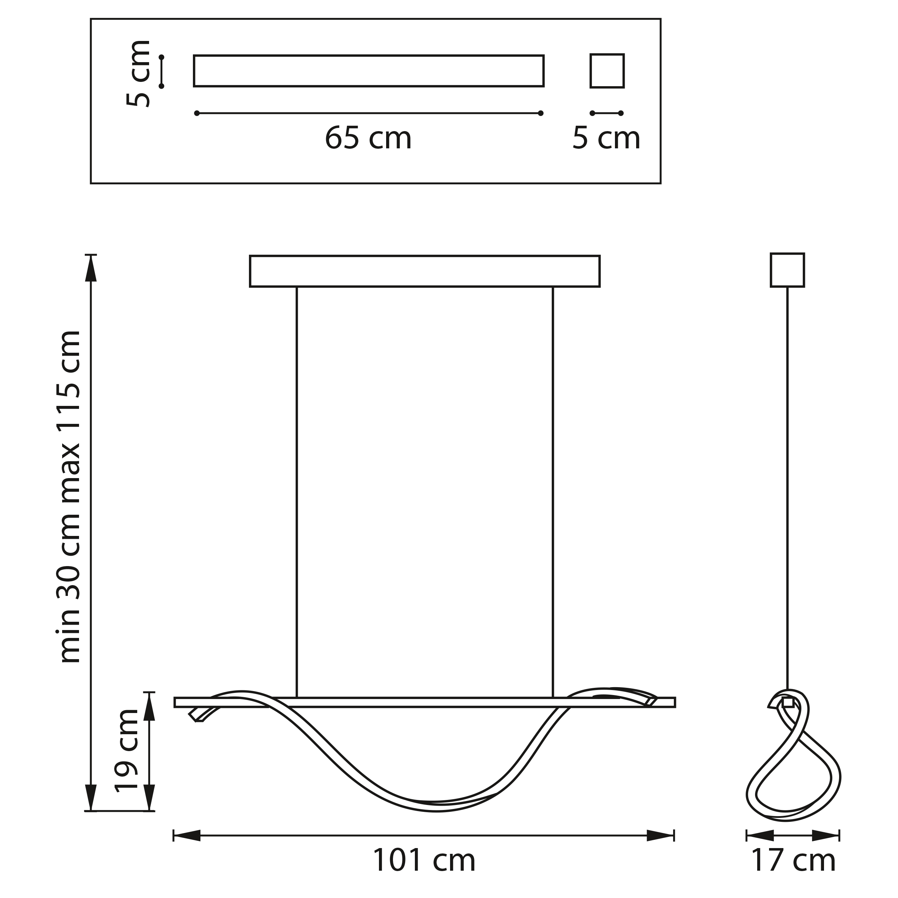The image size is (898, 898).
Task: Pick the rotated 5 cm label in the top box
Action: click(x=139, y=73)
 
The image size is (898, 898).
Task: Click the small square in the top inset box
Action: click(x=607, y=71)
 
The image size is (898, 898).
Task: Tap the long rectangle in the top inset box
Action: click(x=369, y=71)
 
